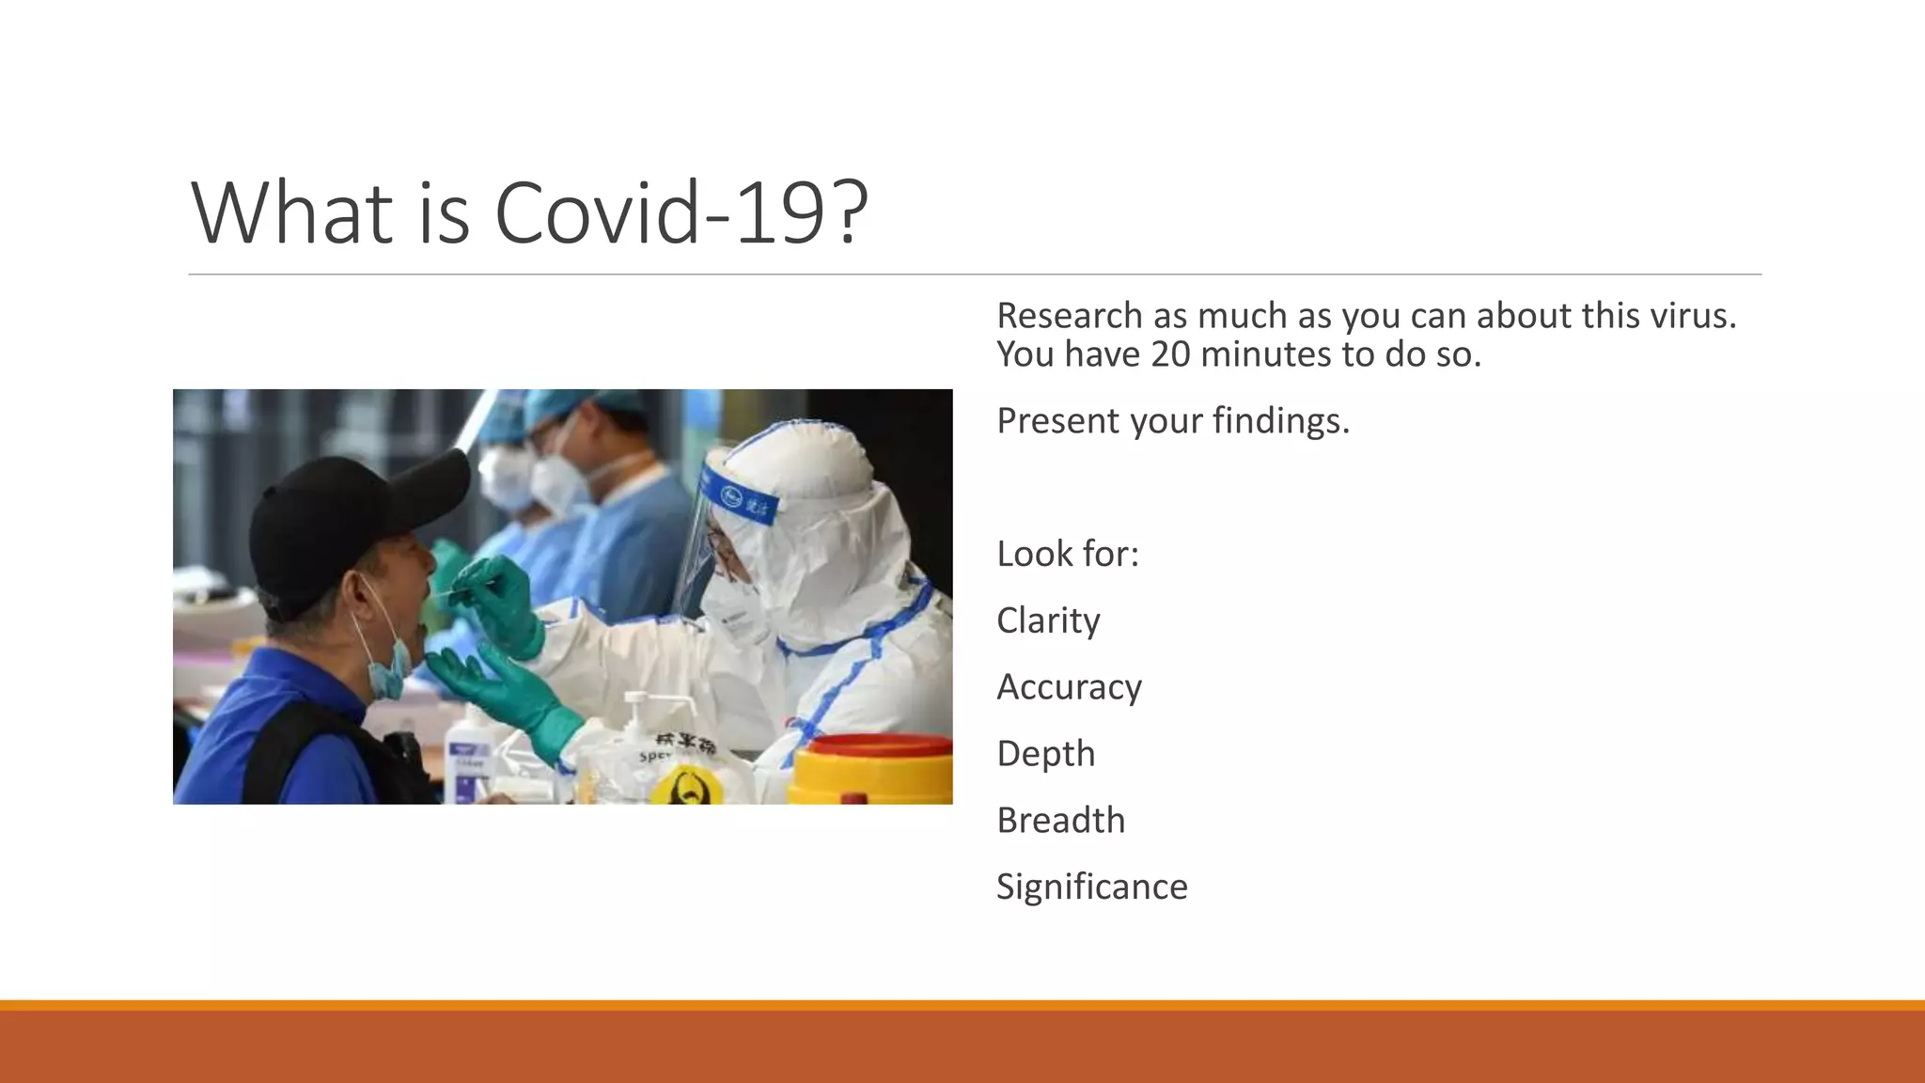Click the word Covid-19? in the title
tap(681, 213)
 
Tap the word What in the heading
tap(292, 213)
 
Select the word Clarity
tap(1048, 621)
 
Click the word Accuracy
tap(1069, 688)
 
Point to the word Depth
tap(1045, 755)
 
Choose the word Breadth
tap(1060, 821)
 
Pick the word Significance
tap(1091, 887)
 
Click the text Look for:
tap(1067, 555)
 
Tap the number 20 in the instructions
tap(1170, 355)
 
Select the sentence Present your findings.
tap(1172, 421)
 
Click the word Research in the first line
tap(1069, 317)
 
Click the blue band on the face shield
tap(743, 499)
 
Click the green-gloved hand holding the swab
tap(498, 602)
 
